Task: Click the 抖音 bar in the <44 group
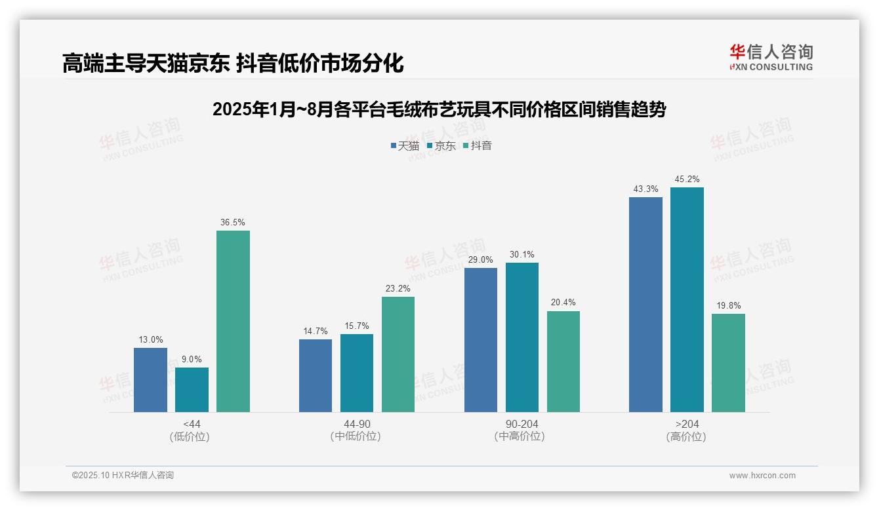point(233,321)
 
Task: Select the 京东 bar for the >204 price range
point(687,299)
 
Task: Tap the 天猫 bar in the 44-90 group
point(316,375)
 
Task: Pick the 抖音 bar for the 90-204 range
point(563,362)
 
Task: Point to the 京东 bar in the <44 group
point(192,390)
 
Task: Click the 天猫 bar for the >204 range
point(645,305)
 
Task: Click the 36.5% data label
point(233,223)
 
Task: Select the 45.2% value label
point(687,180)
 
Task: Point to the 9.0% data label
point(192,360)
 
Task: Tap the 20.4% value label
point(563,303)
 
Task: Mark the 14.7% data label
point(316,331)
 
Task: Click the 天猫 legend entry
point(405,146)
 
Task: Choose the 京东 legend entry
point(441,146)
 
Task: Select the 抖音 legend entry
point(478,146)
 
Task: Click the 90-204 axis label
point(522,425)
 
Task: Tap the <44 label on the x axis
point(192,425)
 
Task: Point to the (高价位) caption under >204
point(687,437)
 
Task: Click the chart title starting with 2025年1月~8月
point(439,110)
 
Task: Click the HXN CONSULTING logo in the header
point(771,57)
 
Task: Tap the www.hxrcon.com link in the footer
point(762,476)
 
